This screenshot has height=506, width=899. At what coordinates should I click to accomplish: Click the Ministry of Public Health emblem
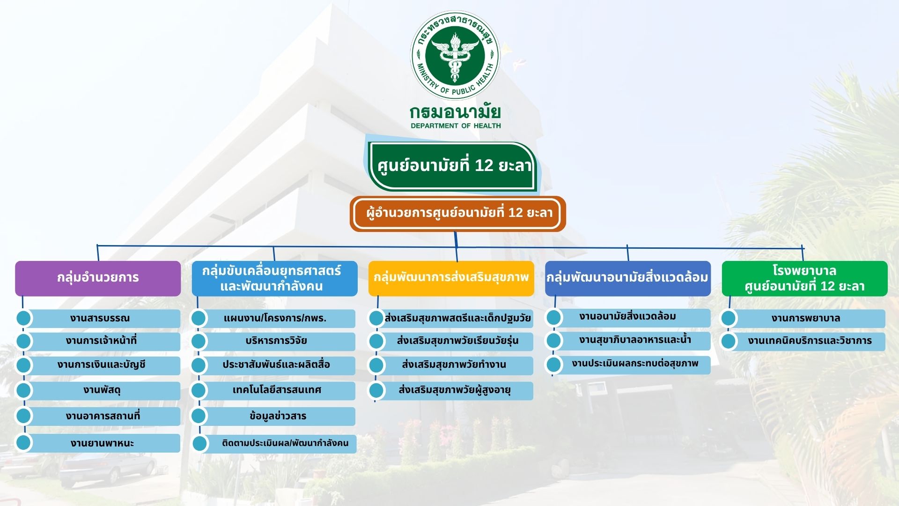455,56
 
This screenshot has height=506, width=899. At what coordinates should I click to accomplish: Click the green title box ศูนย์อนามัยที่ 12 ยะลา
453,166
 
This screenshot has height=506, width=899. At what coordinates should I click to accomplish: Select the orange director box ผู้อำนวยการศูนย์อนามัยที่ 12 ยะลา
458,214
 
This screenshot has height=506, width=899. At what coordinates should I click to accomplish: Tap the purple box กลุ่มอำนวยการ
98,278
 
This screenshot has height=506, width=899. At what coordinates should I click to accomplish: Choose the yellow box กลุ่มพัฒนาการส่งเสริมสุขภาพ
451,278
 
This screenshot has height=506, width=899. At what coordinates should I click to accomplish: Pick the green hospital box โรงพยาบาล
804,278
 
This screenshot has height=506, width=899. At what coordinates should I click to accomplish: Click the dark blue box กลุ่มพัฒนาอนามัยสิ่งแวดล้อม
628,278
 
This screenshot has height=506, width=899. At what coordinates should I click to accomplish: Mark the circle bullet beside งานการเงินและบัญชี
24,365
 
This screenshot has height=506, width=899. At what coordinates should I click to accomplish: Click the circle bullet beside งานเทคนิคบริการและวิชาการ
729,341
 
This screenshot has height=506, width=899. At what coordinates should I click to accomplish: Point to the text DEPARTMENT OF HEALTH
456,126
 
